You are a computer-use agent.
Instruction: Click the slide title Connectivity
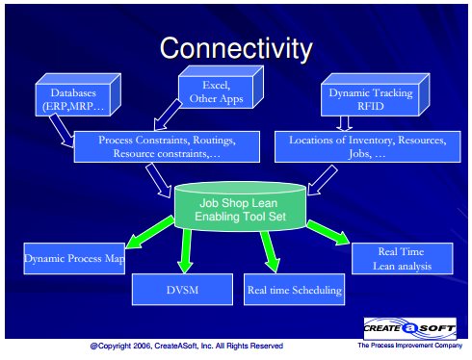236,48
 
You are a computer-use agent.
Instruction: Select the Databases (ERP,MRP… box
78,94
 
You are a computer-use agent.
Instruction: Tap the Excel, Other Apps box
221,87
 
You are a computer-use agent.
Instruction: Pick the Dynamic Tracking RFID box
375,94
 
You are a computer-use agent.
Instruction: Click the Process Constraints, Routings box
167,146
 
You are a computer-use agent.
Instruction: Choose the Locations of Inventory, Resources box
368,146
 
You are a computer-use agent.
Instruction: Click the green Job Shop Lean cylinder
240,207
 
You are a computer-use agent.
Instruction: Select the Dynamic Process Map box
74,258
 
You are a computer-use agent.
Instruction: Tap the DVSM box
182,290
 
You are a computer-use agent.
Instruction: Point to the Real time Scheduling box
295,290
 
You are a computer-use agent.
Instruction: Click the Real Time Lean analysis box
403,258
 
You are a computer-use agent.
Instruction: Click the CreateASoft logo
410,328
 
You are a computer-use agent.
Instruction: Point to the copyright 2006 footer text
187,346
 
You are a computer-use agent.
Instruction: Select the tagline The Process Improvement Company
410,346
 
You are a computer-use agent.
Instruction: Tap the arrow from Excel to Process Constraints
168,115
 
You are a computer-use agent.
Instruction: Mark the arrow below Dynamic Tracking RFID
344,123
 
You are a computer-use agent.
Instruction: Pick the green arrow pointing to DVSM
186,251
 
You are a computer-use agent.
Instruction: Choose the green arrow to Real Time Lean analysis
328,233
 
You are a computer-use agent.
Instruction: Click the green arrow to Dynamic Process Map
149,232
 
